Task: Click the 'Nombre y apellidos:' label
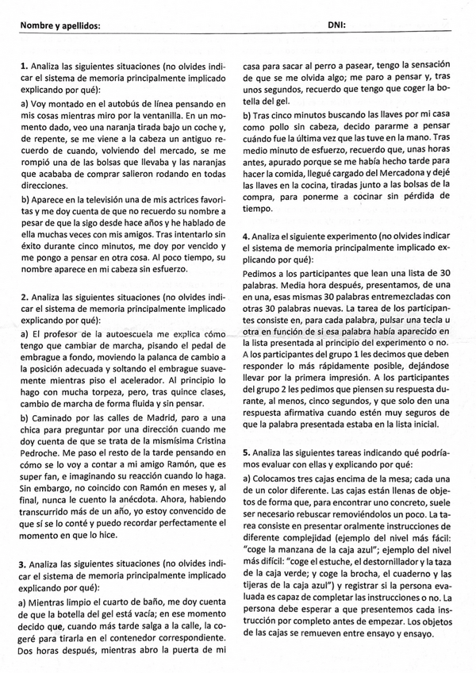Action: click(60, 25)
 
